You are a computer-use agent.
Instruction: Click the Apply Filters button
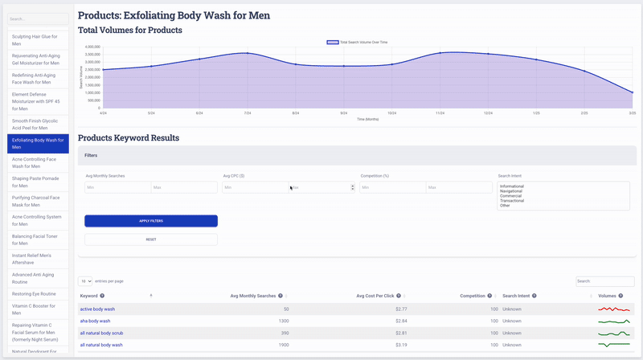[150, 220]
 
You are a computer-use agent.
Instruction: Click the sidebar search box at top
[38, 18]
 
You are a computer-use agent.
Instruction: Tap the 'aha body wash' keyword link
[95, 321]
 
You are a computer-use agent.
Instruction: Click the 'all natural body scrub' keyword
[100, 333]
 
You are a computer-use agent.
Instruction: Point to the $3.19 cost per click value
[401, 345]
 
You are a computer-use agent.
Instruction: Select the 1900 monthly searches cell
[283, 345]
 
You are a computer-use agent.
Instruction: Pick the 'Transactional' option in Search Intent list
[512, 200]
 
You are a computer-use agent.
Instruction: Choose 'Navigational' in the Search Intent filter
[511, 190]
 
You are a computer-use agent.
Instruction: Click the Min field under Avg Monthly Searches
[117, 187]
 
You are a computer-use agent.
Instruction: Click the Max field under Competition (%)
[458, 187]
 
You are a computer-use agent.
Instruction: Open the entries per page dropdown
[84, 280]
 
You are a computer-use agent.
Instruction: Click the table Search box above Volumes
[605, 280]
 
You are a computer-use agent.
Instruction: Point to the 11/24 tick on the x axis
[440, 113]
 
